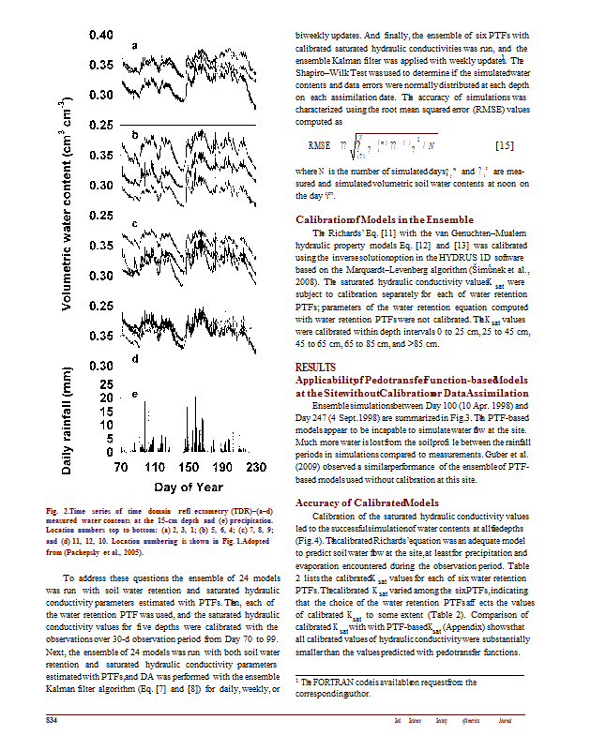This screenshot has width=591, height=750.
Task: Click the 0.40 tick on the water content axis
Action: point(100,36)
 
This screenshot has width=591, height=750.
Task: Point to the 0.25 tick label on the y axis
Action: point(100,125)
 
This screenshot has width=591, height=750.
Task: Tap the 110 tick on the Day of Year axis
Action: point(156,466)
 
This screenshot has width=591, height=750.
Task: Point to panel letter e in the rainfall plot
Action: point(136,395)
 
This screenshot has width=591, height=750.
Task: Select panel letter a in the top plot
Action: point(135,45)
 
